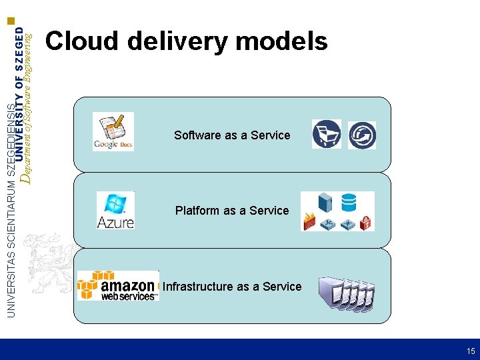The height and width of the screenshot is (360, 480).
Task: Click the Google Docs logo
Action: click(113, 131)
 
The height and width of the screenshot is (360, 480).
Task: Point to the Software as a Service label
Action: click(232, 135)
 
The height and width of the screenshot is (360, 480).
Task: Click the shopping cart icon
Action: click(326, 133)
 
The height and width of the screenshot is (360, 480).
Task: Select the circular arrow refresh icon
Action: click(362, 135)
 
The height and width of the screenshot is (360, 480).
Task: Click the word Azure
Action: click(115, 221)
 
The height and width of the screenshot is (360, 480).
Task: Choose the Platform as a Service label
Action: click(232, 211)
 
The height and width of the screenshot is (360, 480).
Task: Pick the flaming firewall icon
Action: click(311, 222)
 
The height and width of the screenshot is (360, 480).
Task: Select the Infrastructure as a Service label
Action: click(232, 287)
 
